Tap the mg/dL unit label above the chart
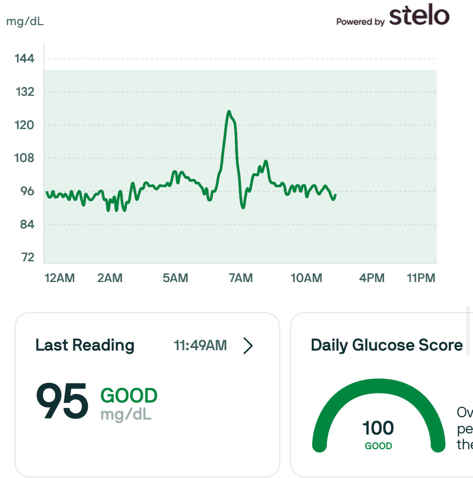[x=25, y=21]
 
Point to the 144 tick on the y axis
[x=24, y=59]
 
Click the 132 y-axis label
[x=25, y=92]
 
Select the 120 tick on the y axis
[x=24, y=125]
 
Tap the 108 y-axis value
[x=24, y=158]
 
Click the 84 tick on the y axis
[x=27, y=224]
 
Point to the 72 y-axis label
[x=28, y=257]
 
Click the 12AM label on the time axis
[x=60, y=278]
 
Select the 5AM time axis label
[x=175, y=278]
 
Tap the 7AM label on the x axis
[x=241, y=278]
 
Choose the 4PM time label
[x=372, y=278]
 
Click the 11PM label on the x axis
[x=421, y=278]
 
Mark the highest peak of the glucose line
[x=229, y=111]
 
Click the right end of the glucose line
[x=335, y=195]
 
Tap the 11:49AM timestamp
[x=200, y=345]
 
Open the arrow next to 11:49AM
[x=248, y=346]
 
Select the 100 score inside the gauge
[x=378, y=428]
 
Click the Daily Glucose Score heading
[x=387, y=345]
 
